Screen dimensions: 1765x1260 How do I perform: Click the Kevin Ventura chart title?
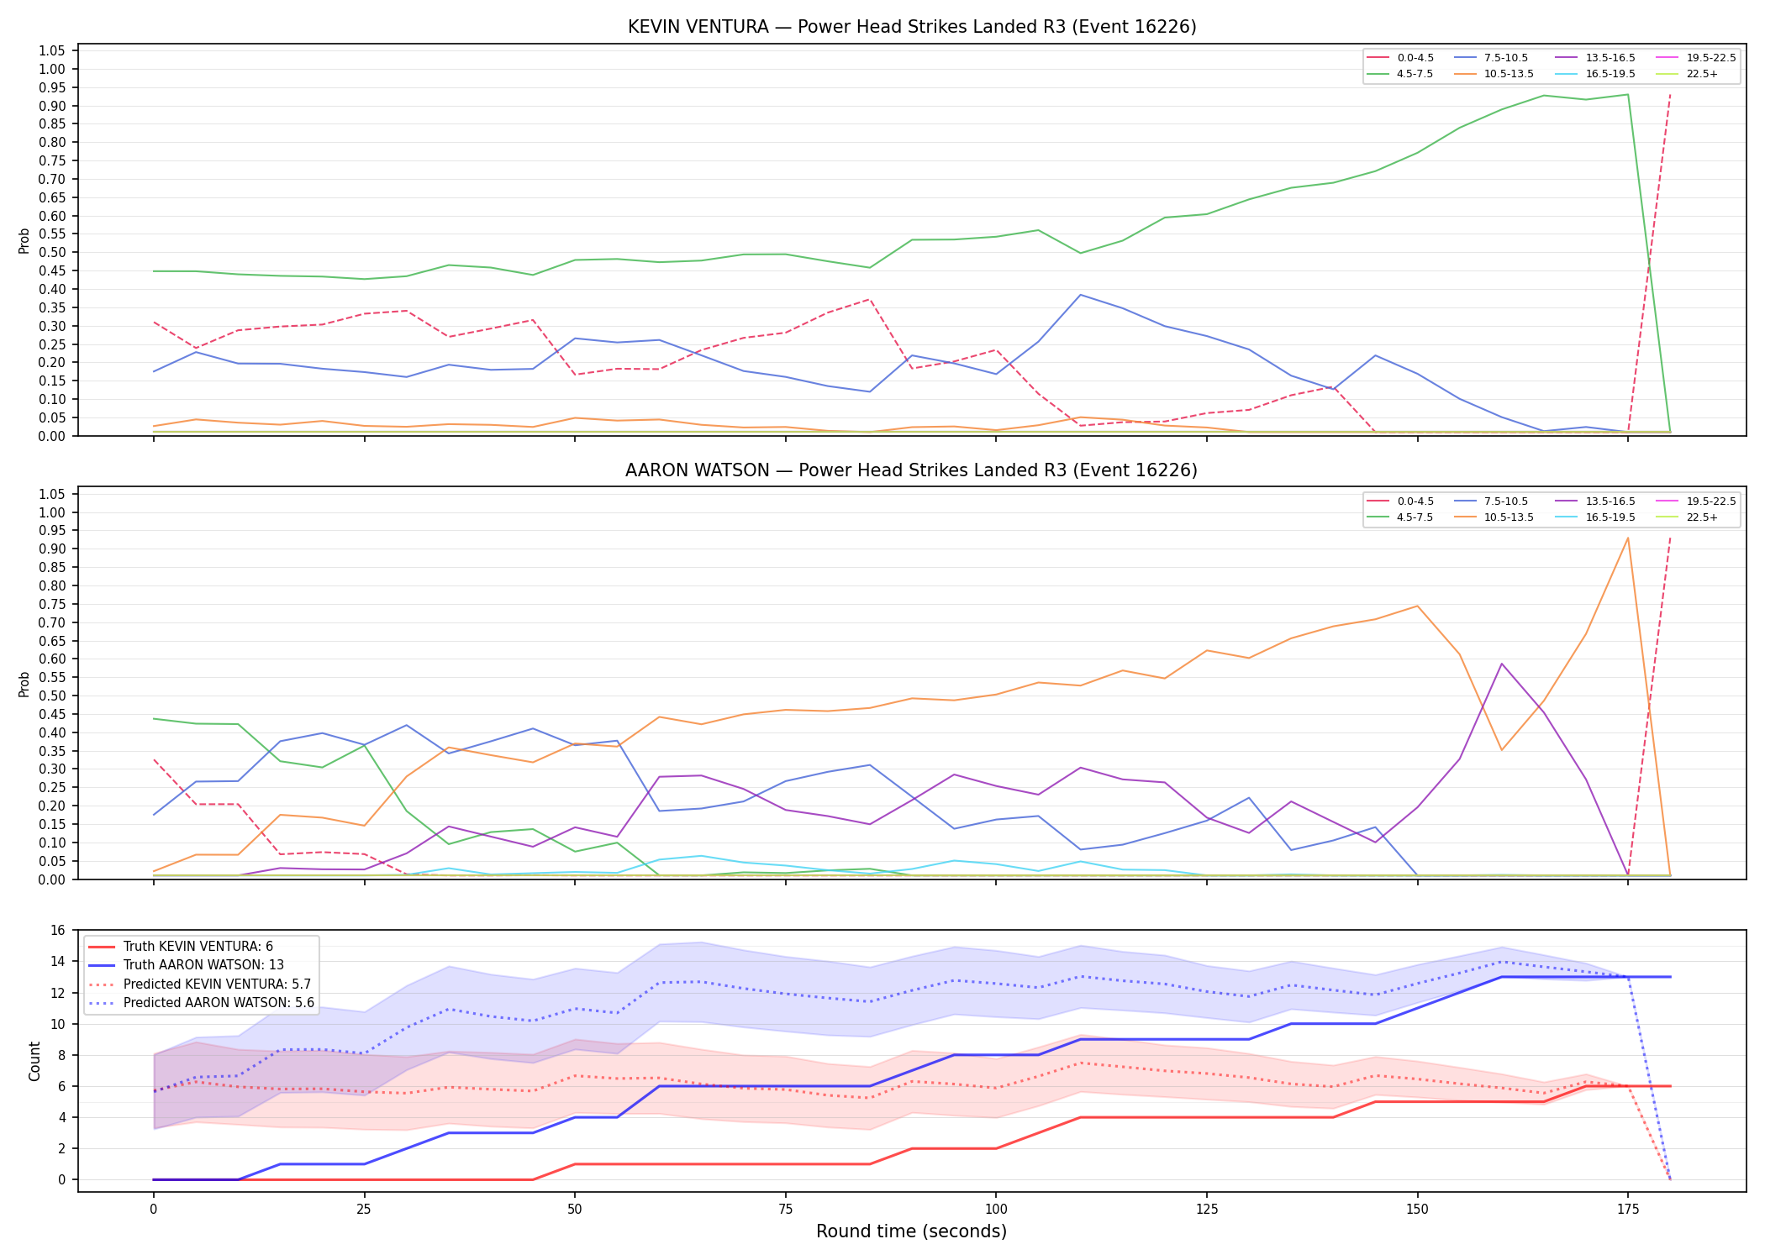tap(912, 27)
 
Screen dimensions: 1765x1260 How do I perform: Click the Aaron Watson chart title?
tap(911, 470)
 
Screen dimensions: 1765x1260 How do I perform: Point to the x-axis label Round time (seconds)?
tap(911, 1231)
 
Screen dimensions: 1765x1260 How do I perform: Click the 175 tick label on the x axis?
tap(1628, 1210)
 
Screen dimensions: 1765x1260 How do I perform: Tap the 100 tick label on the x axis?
tap(995, 1210)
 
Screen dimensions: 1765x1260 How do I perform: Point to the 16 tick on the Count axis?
tap(58, 930)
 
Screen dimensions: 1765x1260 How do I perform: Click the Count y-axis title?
tap(34, 1061)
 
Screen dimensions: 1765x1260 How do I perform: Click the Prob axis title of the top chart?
tap(24, 240)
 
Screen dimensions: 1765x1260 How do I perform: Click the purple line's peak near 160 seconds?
tap(1502, 664)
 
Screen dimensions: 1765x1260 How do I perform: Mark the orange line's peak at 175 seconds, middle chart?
tap(1628, 538)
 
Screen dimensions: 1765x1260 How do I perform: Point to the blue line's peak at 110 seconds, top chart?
tap(1080, 295)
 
